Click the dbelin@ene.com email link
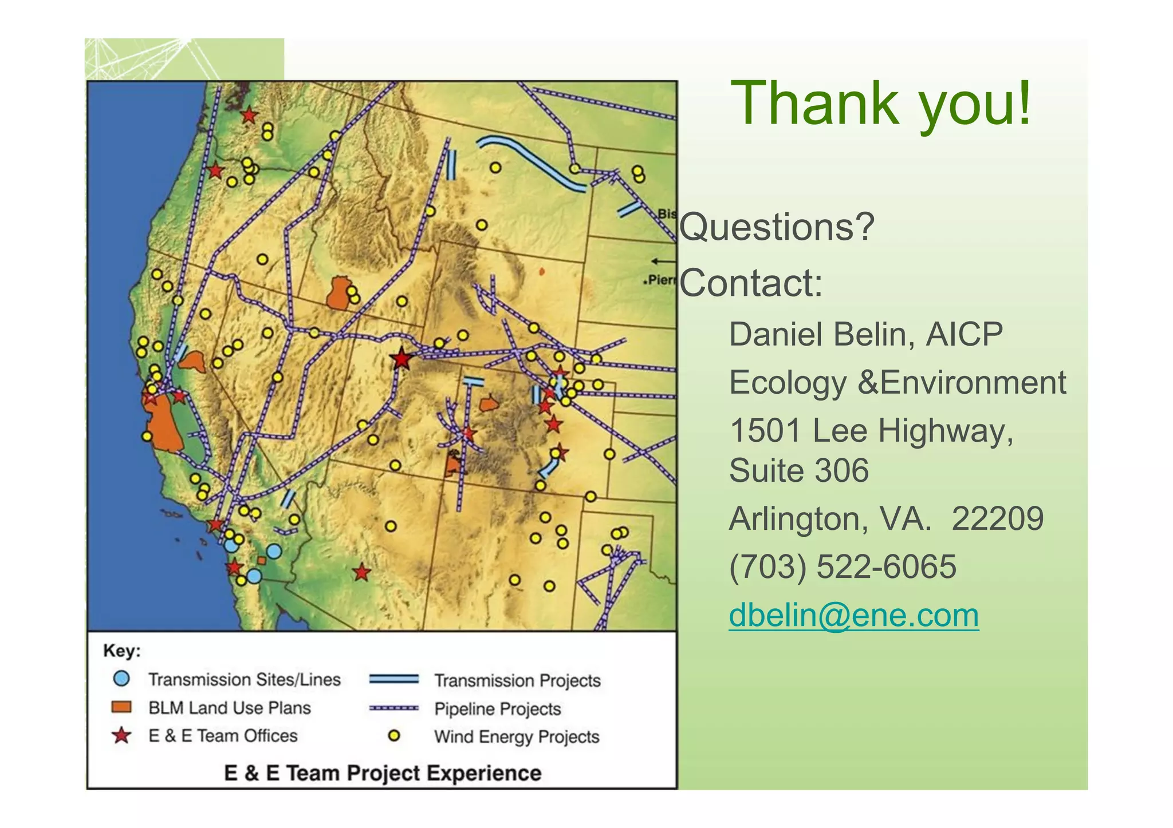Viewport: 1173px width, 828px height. click(853, 615)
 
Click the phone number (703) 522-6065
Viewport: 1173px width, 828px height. click(842, 566)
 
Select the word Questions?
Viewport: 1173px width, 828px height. click(777, 227)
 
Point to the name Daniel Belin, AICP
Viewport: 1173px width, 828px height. click(865, 334)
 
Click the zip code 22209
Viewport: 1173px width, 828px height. click(997, 519)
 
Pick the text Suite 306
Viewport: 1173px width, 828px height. click(798, 470)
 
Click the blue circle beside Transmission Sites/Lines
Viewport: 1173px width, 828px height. click(121, 679)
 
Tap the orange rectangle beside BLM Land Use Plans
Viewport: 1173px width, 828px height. click(121, 707)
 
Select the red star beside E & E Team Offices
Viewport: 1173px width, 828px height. click(121, 735)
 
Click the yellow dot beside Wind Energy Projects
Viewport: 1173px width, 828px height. click(394, 736)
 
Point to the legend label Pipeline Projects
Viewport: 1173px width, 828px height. click(497, 708)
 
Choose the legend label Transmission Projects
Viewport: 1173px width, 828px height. click(517, 680)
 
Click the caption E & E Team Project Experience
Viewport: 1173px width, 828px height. click(382, 773)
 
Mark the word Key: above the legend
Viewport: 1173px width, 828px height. click(122, 651)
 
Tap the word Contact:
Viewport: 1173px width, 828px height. click(751, 283)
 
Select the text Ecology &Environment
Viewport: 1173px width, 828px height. click(897, 382)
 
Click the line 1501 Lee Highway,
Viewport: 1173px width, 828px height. click(871, 430)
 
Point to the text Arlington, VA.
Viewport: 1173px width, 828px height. click(830, 519)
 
